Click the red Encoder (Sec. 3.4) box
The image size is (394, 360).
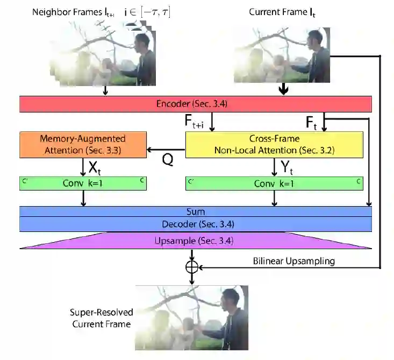pos(195,104)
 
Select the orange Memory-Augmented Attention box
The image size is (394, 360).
pos(83,145)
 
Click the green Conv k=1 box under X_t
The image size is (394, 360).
pos(83,183)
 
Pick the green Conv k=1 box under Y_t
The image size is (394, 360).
pos(275,183)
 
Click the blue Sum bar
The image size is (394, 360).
pos(195,212)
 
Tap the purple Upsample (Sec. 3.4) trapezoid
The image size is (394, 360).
pos(195,241)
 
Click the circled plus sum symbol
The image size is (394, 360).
pos(192,267)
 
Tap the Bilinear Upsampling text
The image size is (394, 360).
pos(294,261)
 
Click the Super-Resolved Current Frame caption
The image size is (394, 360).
pos(101,317)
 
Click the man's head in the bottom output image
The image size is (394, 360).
pos(230,298)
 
